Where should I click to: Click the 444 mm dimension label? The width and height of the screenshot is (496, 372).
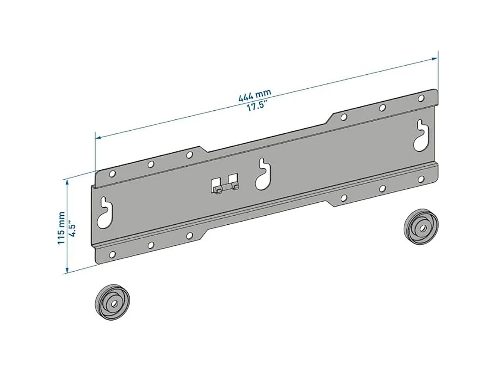click(255, 95)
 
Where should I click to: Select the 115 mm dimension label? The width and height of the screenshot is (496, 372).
click(62, 227)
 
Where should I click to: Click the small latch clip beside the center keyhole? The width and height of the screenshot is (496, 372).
click(223, 185)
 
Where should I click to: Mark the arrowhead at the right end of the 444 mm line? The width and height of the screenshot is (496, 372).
click(435, 58)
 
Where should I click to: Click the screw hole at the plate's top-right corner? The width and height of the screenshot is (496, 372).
click(421, 98)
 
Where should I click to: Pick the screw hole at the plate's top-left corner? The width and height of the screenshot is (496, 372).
click(113, 173)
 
